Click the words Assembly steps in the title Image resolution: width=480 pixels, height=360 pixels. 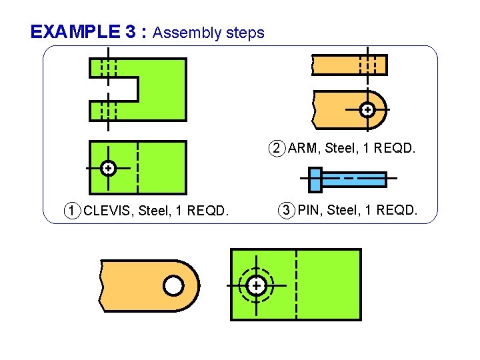tap(209, 33)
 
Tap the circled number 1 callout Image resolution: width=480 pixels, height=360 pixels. tap(73, 211)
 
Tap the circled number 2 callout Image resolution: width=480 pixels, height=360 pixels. tap(277, 148)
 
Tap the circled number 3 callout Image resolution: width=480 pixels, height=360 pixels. tap(286, 211)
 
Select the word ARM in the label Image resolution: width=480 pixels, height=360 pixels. tap(303, 148)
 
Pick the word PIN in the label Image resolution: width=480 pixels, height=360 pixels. tap(309, 211)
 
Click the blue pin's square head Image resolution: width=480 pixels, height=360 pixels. tap(315, 179)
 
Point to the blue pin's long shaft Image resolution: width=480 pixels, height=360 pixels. tap(353, 179)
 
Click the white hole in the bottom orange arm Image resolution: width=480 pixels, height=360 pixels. tap(173, 286)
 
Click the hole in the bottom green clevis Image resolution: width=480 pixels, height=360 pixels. tap(256, 286)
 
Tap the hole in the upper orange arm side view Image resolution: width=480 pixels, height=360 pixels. tap(367, 109)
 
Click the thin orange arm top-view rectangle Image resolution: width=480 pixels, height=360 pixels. tap(349, 65)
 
